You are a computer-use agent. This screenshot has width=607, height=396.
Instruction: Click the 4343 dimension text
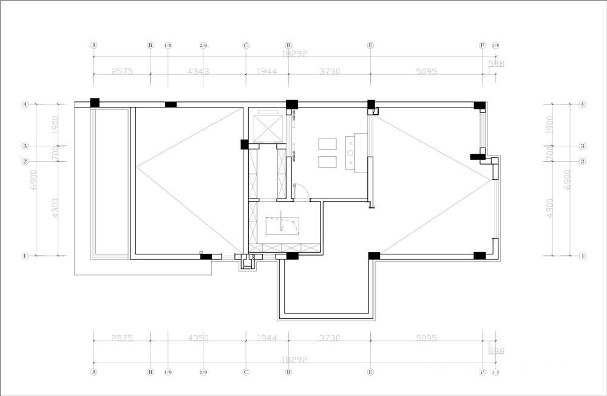(198, 72)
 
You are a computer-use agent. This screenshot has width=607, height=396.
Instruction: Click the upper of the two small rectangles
(327, 143)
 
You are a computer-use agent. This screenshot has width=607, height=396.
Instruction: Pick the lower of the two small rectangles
(327, 162)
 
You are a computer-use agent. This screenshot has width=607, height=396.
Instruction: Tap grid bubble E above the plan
(371, 45)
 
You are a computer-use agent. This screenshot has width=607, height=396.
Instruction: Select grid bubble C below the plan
(246, 371)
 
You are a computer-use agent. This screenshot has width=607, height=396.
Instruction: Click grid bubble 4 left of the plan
(25, 104)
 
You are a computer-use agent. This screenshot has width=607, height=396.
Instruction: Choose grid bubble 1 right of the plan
(582, 256)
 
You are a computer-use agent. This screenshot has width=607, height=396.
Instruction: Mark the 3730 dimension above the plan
(329, 72)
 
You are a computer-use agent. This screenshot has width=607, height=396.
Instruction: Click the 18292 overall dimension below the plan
(295, 360)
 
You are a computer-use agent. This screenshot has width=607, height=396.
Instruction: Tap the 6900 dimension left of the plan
(34, 181)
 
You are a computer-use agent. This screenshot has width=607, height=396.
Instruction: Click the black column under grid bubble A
(95, 103)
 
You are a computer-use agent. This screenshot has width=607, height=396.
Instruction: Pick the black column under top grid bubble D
(292, 104)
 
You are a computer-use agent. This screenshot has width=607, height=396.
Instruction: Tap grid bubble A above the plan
(94, 45)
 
